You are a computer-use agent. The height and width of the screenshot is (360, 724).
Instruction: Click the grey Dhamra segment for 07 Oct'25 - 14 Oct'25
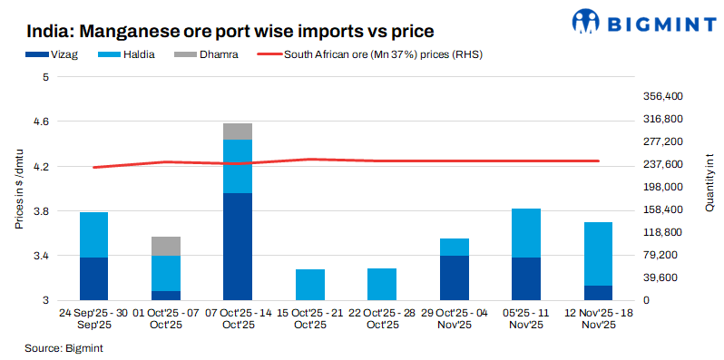pyautogui.click(x=238, y=131)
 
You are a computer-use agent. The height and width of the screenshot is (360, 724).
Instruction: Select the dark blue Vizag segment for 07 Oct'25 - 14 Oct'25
pyautogui.click(x=238, y=247)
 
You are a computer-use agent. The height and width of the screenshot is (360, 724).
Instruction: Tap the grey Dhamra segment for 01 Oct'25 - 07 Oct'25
pyautogui.click(x=166, y=246)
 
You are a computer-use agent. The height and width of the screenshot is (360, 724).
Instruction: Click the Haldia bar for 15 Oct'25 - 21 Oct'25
pyautogui.click(x=310, y=285)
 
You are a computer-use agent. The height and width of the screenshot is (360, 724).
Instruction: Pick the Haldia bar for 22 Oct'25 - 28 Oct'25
pyautogui.click(x=382, y=284)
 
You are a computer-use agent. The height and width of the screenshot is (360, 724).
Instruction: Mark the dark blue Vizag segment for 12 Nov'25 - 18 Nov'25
pyautogui.click(x=598, y=293)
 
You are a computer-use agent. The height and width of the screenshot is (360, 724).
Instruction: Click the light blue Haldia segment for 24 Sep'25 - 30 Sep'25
pyautogui.click(x=94, y=235)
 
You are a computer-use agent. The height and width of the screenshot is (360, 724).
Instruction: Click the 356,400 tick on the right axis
pyautogui.click(x=661, y=96)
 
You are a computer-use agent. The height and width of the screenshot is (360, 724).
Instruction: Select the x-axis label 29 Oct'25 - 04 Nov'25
pyautogui.click(x=455, y=319)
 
